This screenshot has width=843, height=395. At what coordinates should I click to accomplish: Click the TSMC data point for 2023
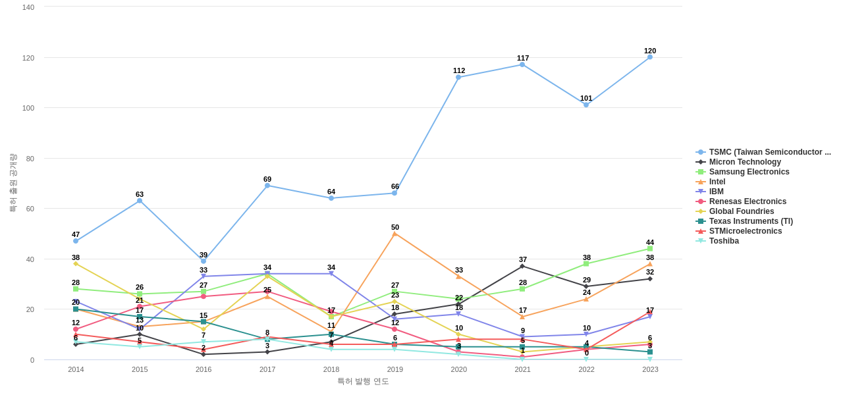click(x=650, y=57)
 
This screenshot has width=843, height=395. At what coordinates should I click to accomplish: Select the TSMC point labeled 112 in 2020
click(x=458, y=77)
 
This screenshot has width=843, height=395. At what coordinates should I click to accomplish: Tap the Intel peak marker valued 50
click(x=394, y=234)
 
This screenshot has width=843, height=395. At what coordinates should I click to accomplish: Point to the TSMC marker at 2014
click(x=76, y=241)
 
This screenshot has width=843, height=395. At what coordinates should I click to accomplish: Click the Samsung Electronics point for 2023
click(x=650, y=249)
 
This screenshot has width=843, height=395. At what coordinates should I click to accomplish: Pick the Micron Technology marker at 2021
click(x=522, y=266)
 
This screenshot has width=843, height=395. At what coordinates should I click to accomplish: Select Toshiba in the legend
click(x=724, y=241)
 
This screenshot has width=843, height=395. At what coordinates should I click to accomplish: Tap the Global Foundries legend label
click(x=742, y=211)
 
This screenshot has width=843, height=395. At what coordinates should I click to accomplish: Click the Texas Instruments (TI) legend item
click(x=751, y=221)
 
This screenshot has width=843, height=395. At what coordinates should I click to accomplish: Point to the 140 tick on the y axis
click(x=28, y=7)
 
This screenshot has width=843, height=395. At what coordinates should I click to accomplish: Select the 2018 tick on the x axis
click(x=331, y=369)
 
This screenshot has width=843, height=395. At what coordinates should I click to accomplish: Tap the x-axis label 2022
click(x=586, y=369)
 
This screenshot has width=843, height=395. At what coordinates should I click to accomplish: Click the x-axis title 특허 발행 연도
click(x=363, y=381)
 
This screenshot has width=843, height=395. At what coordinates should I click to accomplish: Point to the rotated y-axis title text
click(x=13, y=182)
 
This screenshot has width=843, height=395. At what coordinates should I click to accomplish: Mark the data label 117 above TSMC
click(x=523, y=58)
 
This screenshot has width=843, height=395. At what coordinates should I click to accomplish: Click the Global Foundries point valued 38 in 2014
click(x=76, y=263)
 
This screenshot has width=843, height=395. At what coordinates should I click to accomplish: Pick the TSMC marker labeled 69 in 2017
click(x=267, y=186)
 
